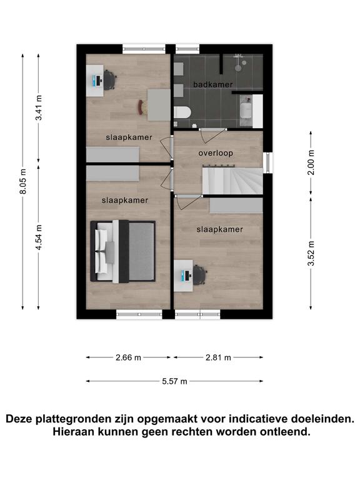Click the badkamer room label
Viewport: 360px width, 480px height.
pyautogui.click(x=212, y=84)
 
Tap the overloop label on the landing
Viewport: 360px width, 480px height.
pyautogui.click(x=216, y=153)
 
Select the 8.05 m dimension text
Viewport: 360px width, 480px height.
pyautogui.click(x=23, y=181)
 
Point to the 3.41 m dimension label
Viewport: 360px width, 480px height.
pyautogui.click(x=39, y=107)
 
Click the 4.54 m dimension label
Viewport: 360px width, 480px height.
pyautogui.click(x=39, y=237)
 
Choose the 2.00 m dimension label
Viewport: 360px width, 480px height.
pyautogui.click(x=311, y=162)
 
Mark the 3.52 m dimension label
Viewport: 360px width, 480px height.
pyautogui.click(x=311, y=254)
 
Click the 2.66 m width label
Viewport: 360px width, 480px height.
pyautogui.click(x=128, y=357)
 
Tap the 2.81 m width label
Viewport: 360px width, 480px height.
pyautogui.click(x=218, y=357)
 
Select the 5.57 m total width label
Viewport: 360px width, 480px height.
pyautogui.click(x=174, y=381)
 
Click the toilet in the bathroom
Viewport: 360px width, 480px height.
pyautogui.click(x=182, y=112)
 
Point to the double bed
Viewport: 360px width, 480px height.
pyautogui.click(x=122, y=251)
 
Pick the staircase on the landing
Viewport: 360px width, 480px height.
pyautogui.click(x=232, y=181)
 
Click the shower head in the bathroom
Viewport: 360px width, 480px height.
pyautogui.click(x=238, y=67)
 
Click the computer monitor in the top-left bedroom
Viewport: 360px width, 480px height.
pyautogui.click(x=98, y=81)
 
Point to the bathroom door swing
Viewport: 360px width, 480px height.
pyautogui.click(x=212, y=136)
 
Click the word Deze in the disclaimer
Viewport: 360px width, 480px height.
pyautogui.click(x=19, y=419)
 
